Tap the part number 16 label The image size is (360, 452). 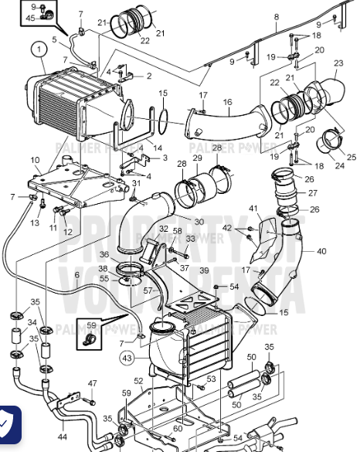227,101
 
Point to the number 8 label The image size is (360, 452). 276,16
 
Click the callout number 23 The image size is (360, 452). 338,63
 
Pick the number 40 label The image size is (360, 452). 321,250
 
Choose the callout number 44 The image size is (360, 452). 62,437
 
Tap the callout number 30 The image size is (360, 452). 199,222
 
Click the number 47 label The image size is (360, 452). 92,383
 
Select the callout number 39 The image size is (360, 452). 204,270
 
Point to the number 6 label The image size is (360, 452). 76,274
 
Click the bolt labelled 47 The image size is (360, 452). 91,402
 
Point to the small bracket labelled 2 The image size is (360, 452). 129,76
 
